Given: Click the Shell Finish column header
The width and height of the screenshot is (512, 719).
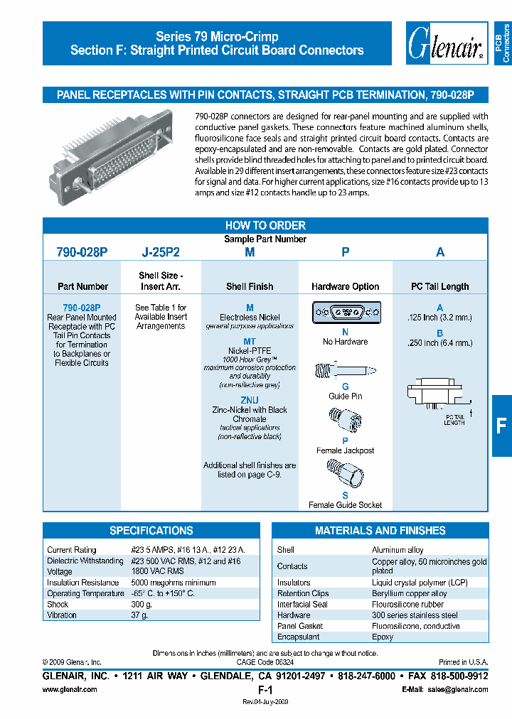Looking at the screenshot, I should [250, 286].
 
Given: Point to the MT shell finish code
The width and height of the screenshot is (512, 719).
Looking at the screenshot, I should [250, 342].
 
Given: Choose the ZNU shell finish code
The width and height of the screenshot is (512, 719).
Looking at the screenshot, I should [250, 400].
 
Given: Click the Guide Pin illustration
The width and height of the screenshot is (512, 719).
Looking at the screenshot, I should [344, 373].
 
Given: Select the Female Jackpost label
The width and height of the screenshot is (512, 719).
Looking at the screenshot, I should [345, 450].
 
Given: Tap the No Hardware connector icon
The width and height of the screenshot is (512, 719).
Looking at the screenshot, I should [345, 313].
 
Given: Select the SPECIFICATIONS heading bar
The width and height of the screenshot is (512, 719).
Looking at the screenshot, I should [151, 531].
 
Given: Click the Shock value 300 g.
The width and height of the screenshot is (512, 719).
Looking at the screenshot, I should [142, 604].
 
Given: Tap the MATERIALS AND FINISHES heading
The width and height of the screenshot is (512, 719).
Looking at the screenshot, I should [380, 531].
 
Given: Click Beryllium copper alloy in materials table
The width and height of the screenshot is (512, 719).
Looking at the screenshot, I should [409, 593].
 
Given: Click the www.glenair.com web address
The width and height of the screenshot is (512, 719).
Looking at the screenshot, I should [70, 690].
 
